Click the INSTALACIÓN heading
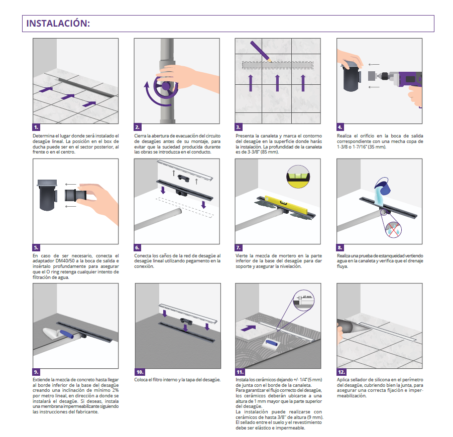[x=58, y=24]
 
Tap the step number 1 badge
[x=36, y=127]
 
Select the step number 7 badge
[x=239, y=248]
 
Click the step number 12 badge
[x=342, y=372]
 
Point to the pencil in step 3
[x=261, y=51]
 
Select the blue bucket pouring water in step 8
[x=383, y=186]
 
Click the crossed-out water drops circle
[x=393, y=229]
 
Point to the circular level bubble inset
[x=298, y=177]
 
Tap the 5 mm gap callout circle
[x=304, y=301]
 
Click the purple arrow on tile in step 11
[x=248, y=328]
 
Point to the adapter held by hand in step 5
[x=75, y=195]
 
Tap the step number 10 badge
[x=140, y=372]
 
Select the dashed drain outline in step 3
[x=278, y=65]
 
